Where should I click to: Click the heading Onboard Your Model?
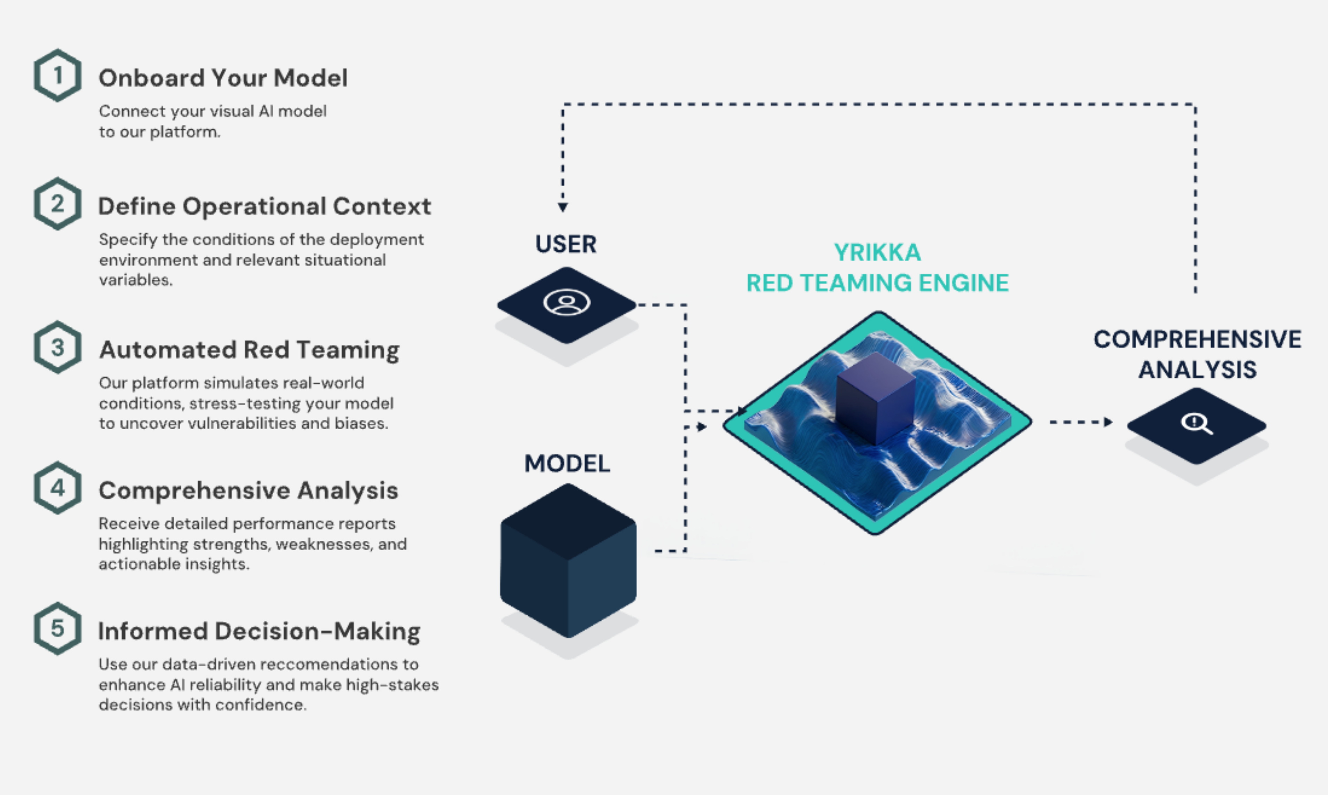[x=223, y=78]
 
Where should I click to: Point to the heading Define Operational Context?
[x=265, y=206]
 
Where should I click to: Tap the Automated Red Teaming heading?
[x=249, y=350]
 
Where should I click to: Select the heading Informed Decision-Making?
[x=259, y=631]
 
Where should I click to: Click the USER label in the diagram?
[x=565, y=244]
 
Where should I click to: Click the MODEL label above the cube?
[x=566, y=463]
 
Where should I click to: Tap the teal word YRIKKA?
[x=877, y=252]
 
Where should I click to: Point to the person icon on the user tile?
[x=566, y=303]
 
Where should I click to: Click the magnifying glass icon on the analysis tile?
[x=1196, y=423]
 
